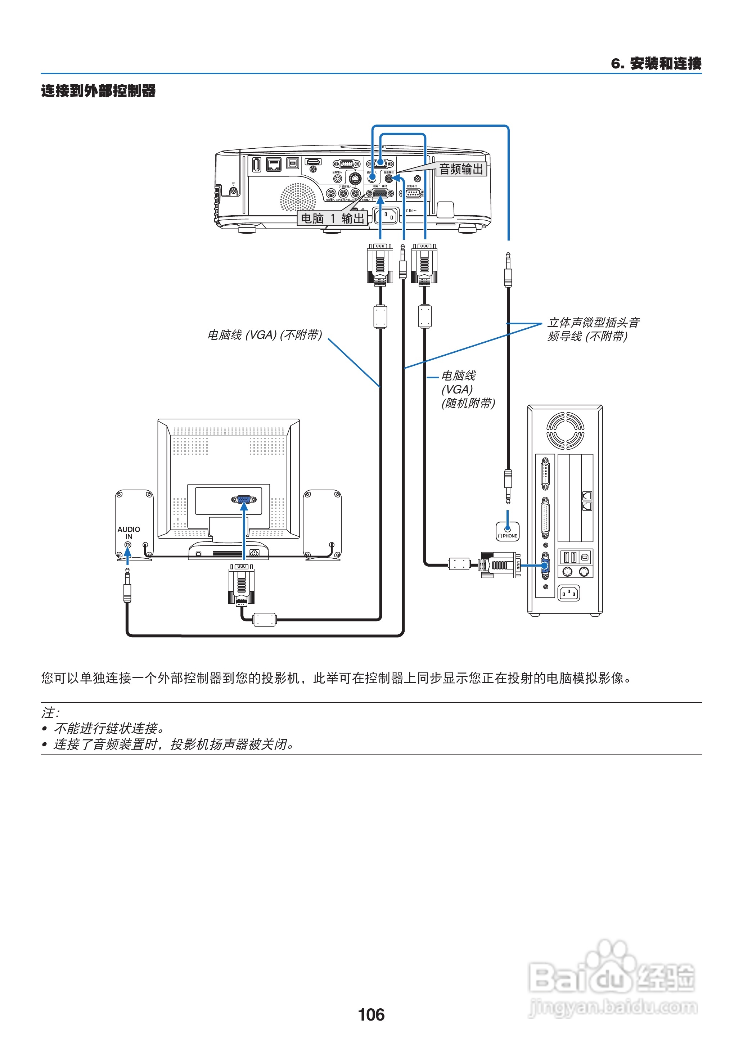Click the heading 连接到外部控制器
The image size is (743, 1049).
(x=98, y=91)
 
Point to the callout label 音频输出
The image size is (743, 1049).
(x=461, y=169)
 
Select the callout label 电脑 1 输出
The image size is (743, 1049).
(x=332, y=218)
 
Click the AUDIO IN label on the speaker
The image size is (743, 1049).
(x=129, y=532)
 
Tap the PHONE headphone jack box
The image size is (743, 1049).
(x=507, y=532)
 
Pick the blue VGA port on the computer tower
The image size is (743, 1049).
(x=545, y=566)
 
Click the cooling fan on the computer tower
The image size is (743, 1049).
(x=565, y=430)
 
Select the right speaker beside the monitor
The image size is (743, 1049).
(x=322, y=524)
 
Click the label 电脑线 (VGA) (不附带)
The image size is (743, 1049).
(x=265, y=335)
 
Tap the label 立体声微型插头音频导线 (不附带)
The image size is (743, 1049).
(x=593, y=329)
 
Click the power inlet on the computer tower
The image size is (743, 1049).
(x=569, y=593)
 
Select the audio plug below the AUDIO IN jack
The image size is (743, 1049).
(x=127, y=588)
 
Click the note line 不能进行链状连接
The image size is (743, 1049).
(x=109, y=728)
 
